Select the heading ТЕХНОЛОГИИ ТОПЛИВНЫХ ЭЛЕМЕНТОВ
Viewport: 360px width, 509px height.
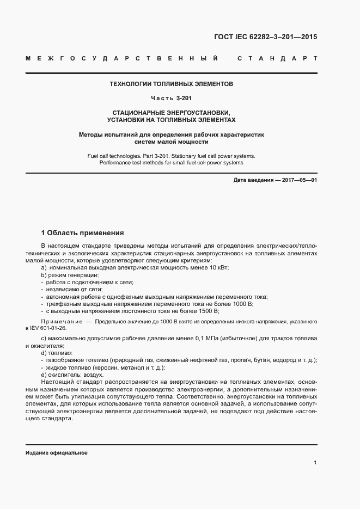(x=172, y=85)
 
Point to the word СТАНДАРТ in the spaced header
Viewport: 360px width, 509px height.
(x=277, y=58)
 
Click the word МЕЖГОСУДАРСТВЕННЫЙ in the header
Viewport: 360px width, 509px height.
(x=122, y=58)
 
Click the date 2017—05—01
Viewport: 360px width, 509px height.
(x=298, y=180)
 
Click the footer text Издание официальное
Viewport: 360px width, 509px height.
(x=56, y=453)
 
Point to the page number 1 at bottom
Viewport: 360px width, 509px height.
(x=315, y=463)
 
